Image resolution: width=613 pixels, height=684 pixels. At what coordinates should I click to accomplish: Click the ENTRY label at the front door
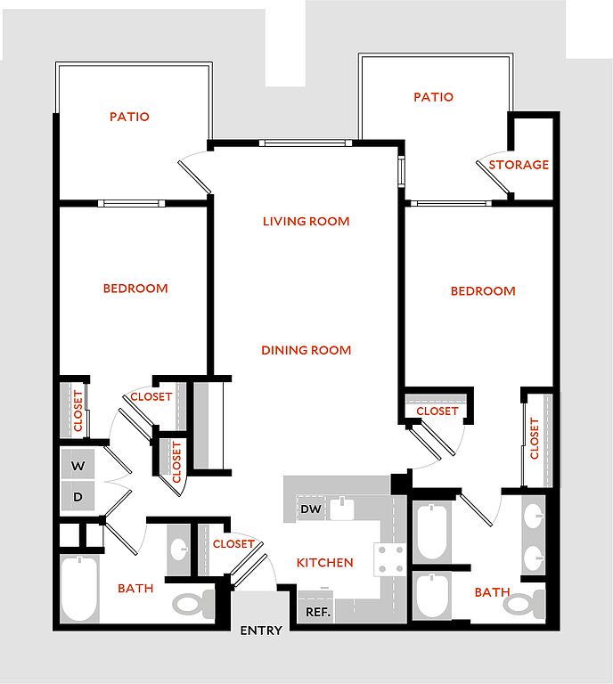coord(261,631)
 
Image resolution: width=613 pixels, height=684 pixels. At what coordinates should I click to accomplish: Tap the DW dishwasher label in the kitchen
coord(311,509)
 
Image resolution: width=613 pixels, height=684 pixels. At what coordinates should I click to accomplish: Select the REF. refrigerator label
coord(317,612)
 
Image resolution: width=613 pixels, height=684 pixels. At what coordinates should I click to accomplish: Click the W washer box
coord(78,464)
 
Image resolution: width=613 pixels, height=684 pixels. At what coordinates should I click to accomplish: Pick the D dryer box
coord(78,496)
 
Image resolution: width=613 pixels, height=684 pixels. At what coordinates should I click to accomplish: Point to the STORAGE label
coord(519,165)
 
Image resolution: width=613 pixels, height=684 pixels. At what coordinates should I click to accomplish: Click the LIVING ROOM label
coord(306,221)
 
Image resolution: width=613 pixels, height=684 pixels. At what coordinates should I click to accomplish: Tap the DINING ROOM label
coord(306,350)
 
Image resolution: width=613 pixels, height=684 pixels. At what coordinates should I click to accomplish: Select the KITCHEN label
coord(325,563)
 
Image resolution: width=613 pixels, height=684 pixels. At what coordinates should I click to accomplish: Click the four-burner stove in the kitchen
coord(391,559)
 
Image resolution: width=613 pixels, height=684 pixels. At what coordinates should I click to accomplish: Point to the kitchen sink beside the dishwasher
coord(342,508)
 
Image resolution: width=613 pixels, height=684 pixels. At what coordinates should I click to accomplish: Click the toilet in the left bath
coord(194,603)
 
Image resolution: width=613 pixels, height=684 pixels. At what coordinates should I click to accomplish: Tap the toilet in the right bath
coord(525,604)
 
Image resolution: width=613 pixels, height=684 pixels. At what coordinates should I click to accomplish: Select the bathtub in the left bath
coord(79,589)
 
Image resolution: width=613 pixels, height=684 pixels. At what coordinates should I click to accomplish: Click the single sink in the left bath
coord(179,550)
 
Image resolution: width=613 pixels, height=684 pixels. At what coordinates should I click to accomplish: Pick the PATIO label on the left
coord(129,117)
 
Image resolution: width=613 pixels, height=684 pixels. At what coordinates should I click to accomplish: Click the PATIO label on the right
coord(434,97)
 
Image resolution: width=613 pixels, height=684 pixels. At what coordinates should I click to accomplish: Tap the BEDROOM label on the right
coord(483,291)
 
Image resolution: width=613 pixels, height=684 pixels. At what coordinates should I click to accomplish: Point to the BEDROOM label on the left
coord(135,289)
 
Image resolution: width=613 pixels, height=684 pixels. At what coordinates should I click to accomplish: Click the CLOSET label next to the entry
coord(233,544)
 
